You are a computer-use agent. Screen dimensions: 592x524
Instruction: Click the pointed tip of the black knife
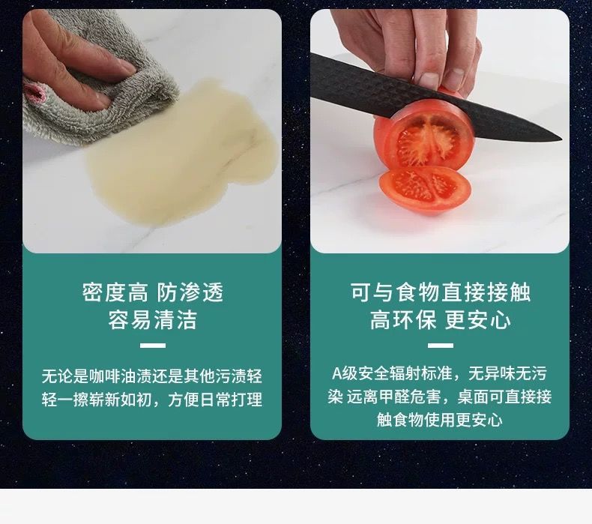tap(561, 138)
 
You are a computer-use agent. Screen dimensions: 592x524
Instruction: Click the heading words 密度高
tap(115, 292)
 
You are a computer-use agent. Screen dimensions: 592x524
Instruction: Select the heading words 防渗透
tap(190, 292)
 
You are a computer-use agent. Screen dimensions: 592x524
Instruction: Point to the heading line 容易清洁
tap(153, 319)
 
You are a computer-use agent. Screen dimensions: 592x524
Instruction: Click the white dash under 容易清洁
tap(153, 346)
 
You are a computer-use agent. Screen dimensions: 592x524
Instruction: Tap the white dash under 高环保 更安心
tap(441, 346)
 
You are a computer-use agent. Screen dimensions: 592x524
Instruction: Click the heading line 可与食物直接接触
tap(440, 292)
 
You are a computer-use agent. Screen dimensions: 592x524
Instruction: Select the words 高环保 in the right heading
tap(403, 319)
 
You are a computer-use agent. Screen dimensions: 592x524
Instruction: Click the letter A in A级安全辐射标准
tap(336, 373)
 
